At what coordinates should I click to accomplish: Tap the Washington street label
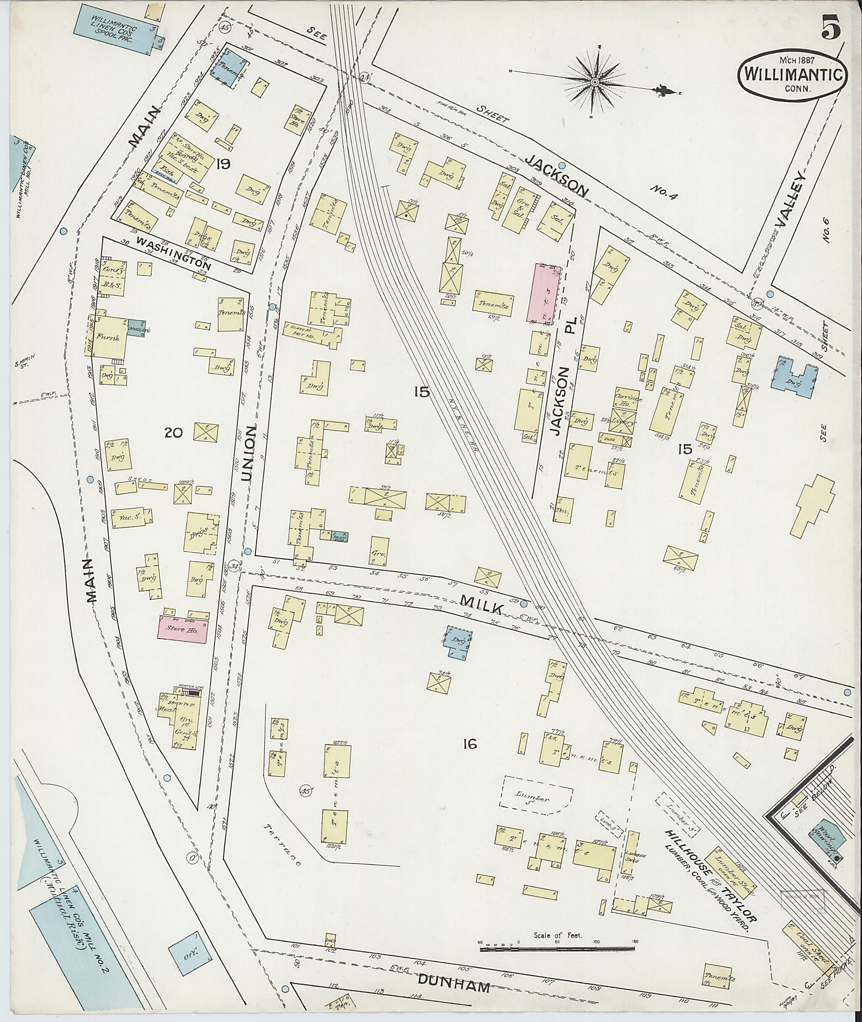(x=173, y=254)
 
